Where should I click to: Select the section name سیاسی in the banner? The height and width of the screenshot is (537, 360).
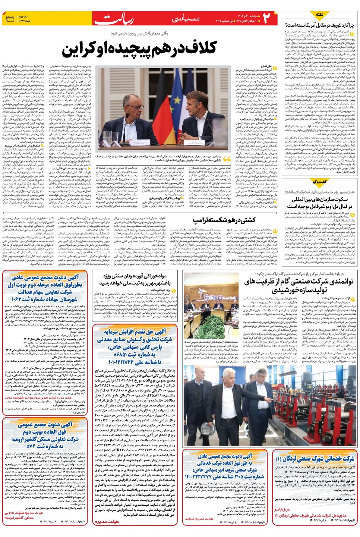coord(186,18)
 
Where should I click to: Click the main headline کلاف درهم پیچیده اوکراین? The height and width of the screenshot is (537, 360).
coord(140,48)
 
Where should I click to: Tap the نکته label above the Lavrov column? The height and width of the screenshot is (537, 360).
coord(319,15)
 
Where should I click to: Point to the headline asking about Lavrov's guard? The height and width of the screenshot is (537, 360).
coord(319,25)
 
